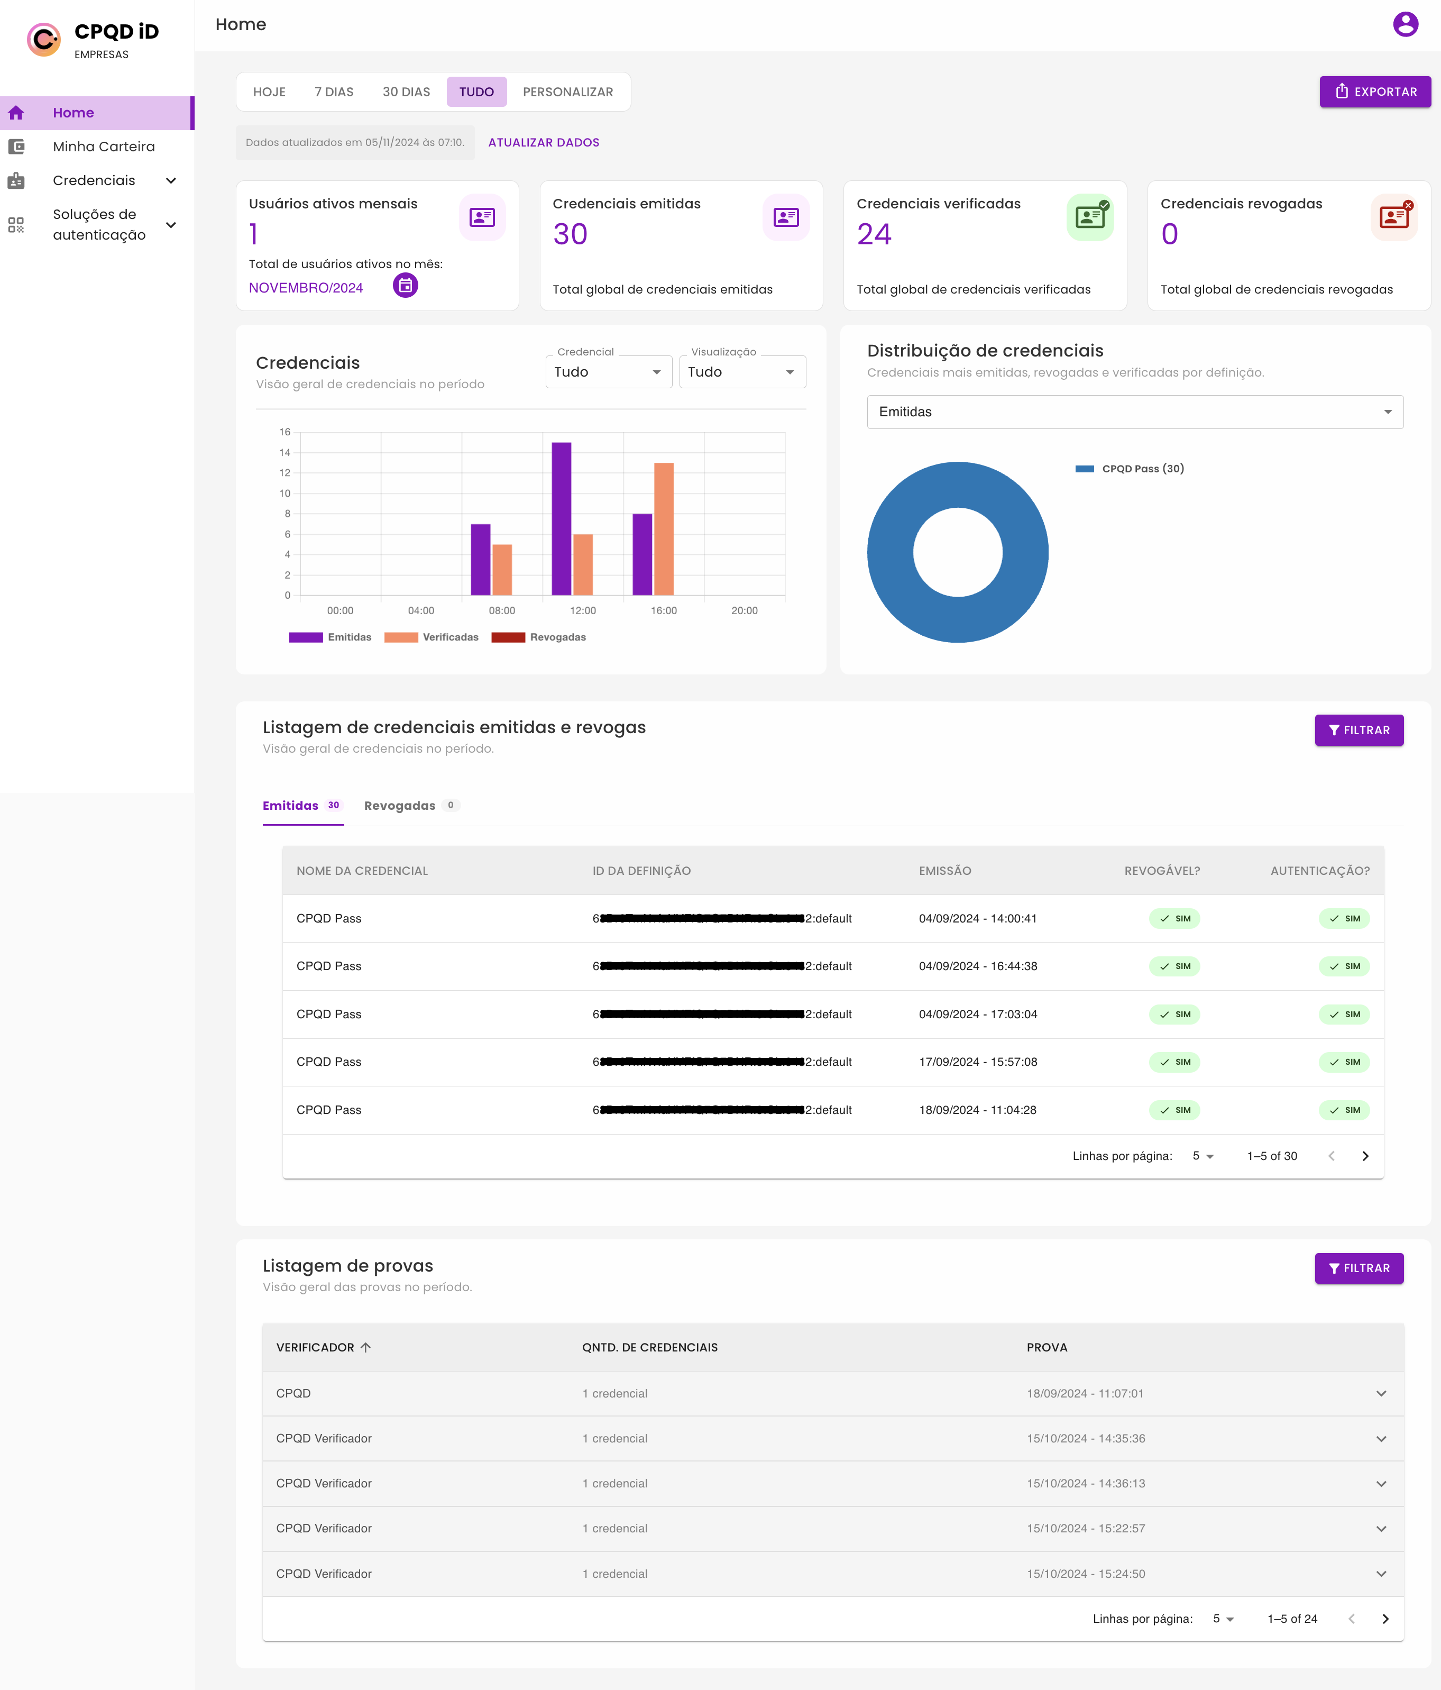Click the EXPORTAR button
(1374, 92)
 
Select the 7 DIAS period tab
(334, 92)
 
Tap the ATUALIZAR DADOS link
(543, 142)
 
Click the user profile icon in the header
(1405, 24)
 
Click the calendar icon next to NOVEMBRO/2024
(405, 286)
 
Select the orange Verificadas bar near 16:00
(664, 528)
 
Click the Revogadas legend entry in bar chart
(539, 637)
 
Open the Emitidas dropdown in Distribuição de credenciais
(1134, 412)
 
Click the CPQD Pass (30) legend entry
(1130, 468)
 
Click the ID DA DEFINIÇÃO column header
(641, 870)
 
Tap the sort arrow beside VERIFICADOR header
(365, 1347)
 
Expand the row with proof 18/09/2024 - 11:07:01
(1381, 1393)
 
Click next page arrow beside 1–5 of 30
(1364, 1156)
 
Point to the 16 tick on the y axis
(284, 432)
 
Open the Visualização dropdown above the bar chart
(741, 372)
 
